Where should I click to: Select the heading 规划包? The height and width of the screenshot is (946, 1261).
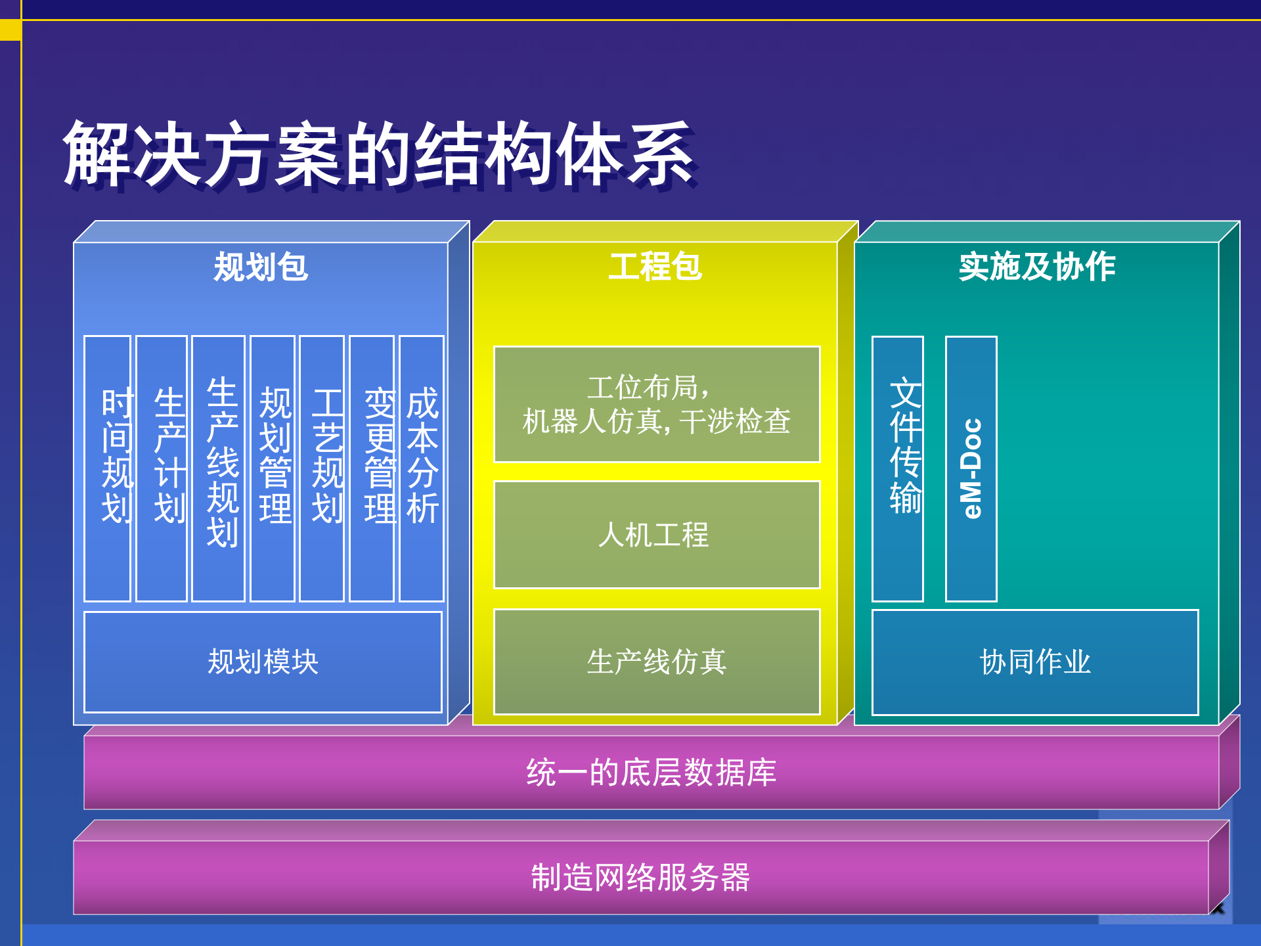coord(261,267)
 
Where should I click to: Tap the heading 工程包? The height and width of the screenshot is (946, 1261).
coord(655,267)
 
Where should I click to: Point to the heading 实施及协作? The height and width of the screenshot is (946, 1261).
coord(1036,267)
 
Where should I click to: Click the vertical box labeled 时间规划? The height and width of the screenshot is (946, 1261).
coord(108,468)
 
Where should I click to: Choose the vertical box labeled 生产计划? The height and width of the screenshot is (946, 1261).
coord(162,468)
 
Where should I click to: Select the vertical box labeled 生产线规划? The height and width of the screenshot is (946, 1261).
coord(219,468)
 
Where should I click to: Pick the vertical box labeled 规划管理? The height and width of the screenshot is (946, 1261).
coord(273,468)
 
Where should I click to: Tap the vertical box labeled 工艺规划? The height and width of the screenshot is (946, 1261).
coord(322,468)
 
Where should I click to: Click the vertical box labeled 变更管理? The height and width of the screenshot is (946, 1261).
coord(372,468)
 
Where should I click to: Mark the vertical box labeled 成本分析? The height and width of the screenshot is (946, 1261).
coord(422,468)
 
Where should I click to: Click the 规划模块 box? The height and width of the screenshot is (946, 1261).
coord(263,662)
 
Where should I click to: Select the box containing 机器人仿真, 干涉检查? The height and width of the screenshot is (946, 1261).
coord(657,404)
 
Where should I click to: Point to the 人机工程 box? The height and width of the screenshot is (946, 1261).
coord(657,534)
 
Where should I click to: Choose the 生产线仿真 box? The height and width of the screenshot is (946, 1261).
coord(657,662)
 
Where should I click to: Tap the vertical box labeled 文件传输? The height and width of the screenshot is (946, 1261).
coord(898,468)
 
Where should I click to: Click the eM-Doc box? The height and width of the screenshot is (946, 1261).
coord(971,468)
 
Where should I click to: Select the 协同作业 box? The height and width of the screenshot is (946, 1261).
coord(1035,662)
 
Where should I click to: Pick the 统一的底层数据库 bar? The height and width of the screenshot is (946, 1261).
coord(652,772)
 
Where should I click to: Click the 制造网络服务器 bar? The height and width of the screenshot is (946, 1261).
coord(640,877)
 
